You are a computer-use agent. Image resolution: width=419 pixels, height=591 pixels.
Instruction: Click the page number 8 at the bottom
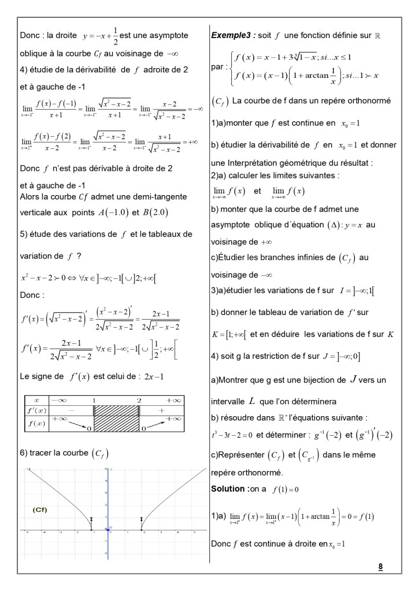[380, 566]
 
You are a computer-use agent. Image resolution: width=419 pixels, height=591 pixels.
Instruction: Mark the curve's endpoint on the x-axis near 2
[142, 529]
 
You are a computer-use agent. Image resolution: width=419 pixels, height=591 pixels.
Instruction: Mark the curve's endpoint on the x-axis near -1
[91, 529]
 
